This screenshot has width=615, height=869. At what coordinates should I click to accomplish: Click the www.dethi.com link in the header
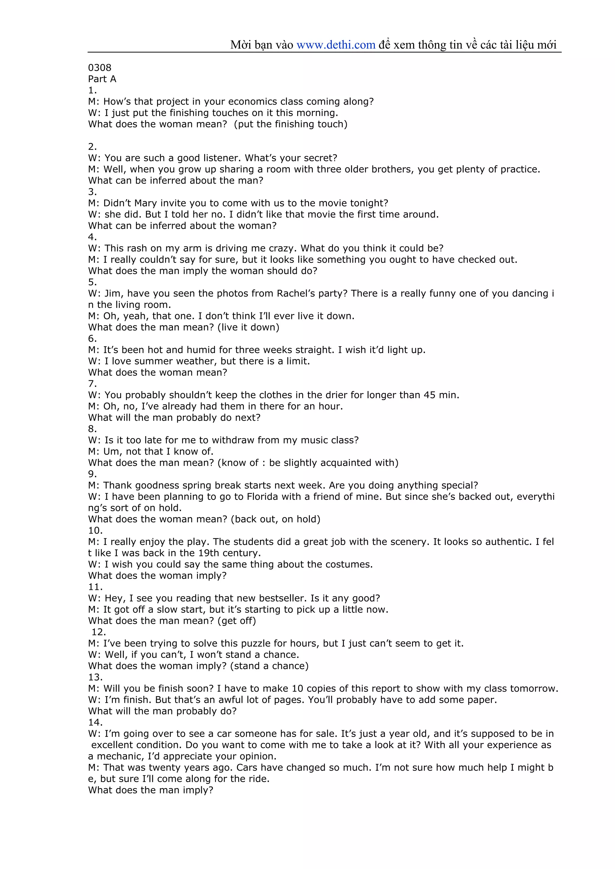(x=336, y=45)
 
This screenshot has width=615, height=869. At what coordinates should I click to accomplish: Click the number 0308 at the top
(x=100, y=68)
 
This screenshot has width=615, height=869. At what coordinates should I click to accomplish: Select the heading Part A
(x=102, y=79)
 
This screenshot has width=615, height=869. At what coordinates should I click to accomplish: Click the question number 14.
(x=95, y=723)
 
